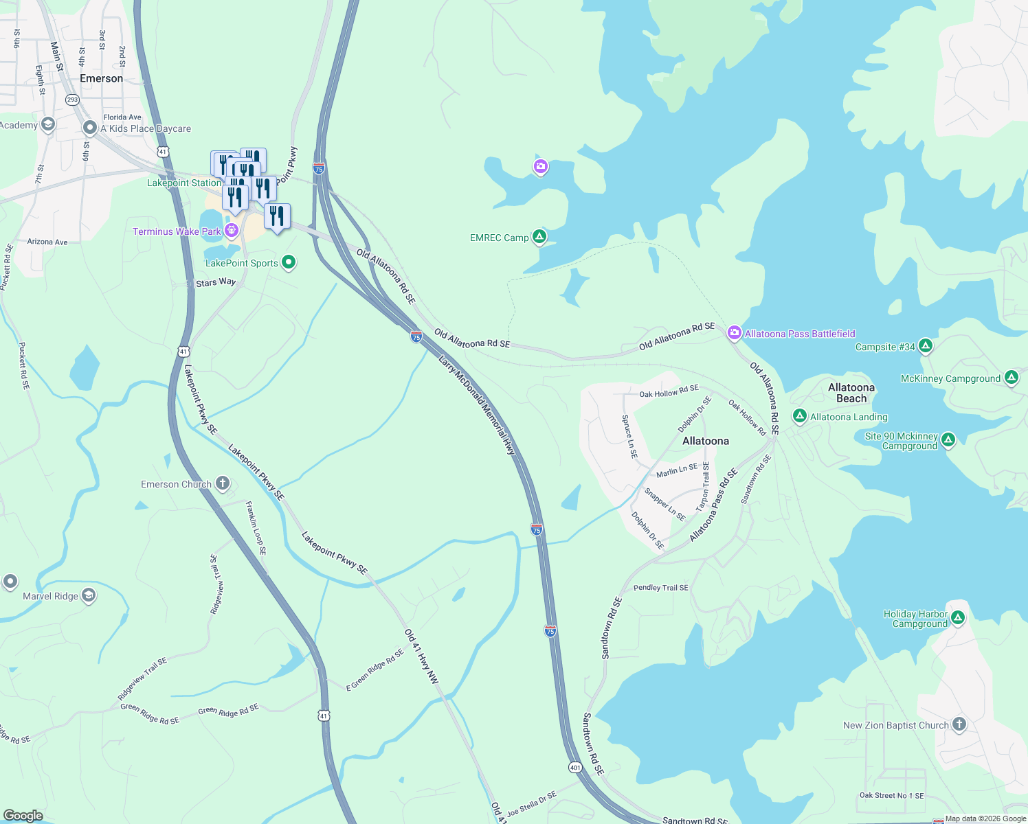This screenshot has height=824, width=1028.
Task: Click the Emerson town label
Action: coord(101,78)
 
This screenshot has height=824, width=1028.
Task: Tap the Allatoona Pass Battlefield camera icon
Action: coord(734,333)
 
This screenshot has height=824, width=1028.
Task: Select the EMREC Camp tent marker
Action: coord(540,237)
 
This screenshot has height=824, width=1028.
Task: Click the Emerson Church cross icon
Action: coord(222,483)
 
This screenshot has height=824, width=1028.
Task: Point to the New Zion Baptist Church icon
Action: coord(959,724)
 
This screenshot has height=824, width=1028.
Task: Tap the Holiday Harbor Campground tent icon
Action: coord(958,618)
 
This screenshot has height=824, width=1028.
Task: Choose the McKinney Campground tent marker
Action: coord(1011,378)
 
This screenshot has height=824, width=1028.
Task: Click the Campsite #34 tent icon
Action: coord(926,346)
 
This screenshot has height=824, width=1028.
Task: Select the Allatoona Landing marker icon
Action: coord(799,416)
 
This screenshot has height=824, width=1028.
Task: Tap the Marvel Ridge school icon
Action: coord(89,595)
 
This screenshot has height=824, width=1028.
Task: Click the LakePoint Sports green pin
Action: coord(289,262)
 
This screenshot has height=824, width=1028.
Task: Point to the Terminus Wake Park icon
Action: coord(232,231)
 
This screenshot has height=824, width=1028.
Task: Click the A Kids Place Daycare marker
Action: coord(89,128)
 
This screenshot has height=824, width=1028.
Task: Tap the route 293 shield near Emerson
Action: coord(72,100)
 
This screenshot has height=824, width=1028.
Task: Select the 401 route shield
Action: coord(575,766)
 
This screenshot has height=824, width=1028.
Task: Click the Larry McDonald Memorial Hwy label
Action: coord(477,405)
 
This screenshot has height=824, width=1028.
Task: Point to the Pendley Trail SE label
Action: coord(660,588)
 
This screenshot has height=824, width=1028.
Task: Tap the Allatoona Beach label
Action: coord(851,393)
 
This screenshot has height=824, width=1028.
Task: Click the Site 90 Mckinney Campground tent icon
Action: coord(948,440)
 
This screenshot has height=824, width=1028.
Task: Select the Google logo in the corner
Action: coord(23,815)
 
